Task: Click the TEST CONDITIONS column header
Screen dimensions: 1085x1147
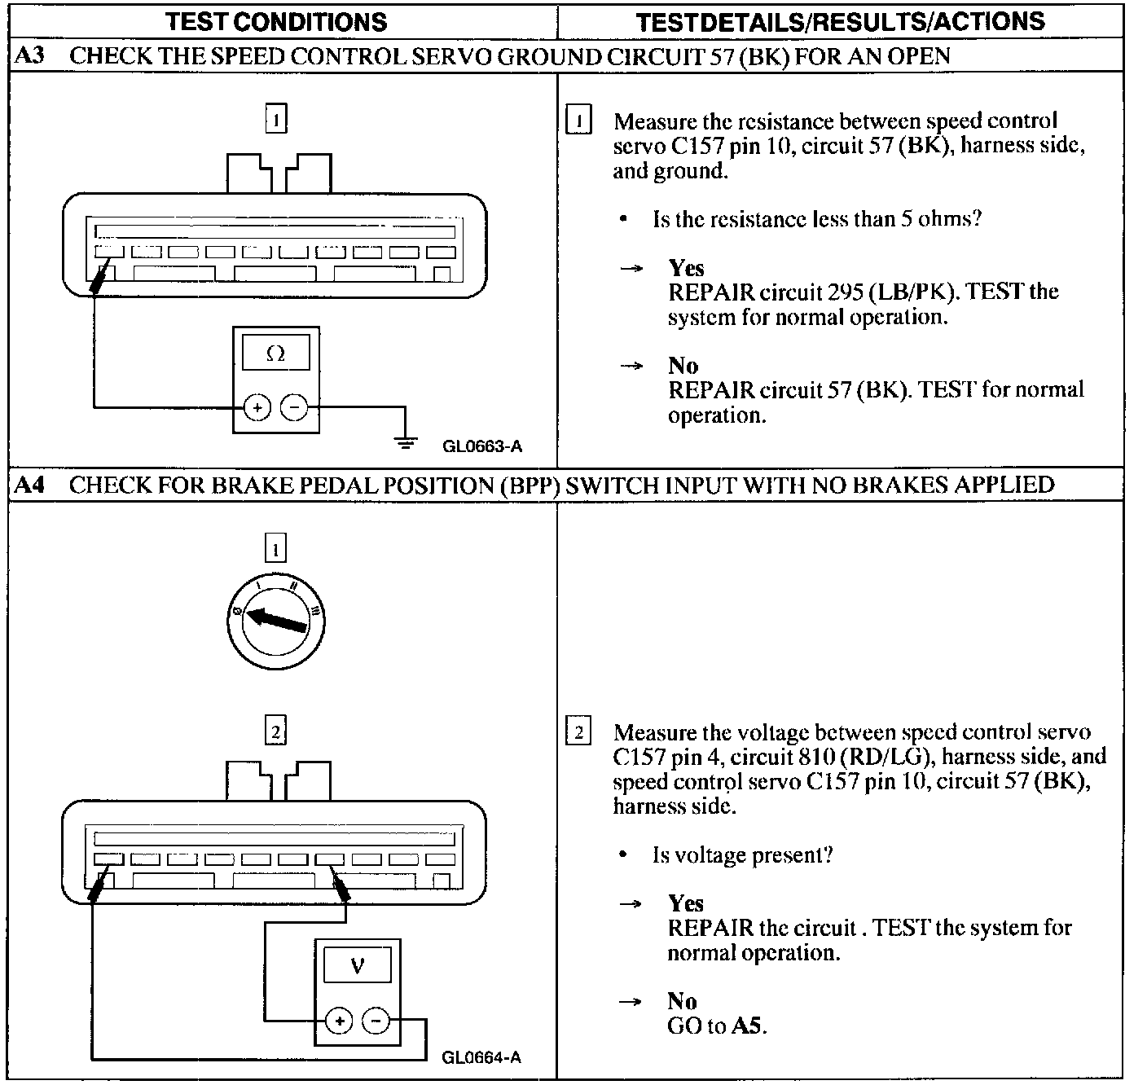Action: (276, 22)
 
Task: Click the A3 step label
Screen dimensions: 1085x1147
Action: (31, 56)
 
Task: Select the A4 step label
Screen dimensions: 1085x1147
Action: (31, 485)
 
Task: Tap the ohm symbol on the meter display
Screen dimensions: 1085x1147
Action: (276, 354)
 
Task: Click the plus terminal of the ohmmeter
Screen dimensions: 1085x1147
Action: (257, 407)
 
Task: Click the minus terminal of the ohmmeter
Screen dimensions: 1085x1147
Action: (295, 407)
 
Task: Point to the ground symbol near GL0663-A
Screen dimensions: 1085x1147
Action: (405, 441)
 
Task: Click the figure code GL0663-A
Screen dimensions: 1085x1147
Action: (482, 446)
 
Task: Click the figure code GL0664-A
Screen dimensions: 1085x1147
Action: (481, 1057)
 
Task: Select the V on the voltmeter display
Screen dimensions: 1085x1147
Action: (357, 966)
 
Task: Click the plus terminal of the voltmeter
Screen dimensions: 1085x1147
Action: (339, 1020)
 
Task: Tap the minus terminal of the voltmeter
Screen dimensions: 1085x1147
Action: (376, 1020)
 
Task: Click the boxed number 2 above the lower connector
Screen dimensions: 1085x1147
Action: (276, 732)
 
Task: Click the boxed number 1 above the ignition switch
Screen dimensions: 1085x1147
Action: (276, 550)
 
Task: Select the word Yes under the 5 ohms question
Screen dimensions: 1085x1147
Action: (686, 268)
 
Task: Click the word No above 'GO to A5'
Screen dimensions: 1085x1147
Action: (683, 1001)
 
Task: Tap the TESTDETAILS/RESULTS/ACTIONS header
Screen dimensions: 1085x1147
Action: (840, 22)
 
